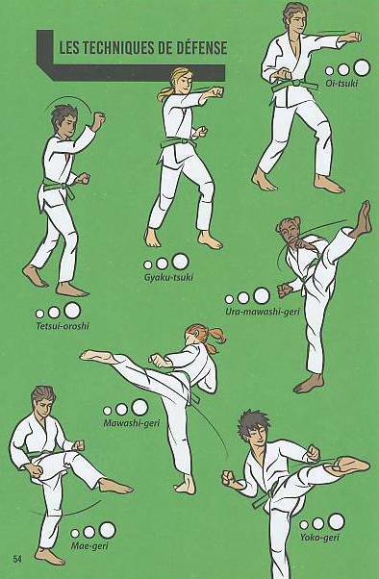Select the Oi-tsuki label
click(x=341, y=83)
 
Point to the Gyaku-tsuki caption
click(x=168, y=277)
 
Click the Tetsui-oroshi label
click(x=63, y=326)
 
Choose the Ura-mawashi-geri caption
click(x=263, y=312)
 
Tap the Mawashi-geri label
click(x=132, y=423)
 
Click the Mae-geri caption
click(x=89, y=545)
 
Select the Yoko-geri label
click(x=319, y=538)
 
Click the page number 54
click(x=17, y=558)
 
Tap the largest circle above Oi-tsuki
click(x=362, y=67)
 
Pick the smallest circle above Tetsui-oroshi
click(x=39, y=314)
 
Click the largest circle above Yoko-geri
click(x=336, y=521)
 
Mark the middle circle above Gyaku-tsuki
click(x=162, y=264)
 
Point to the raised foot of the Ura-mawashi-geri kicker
click(x=364, y=218)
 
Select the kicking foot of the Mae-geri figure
click(x=115, y=486)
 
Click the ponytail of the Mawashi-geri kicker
click(x=217, y=340)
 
